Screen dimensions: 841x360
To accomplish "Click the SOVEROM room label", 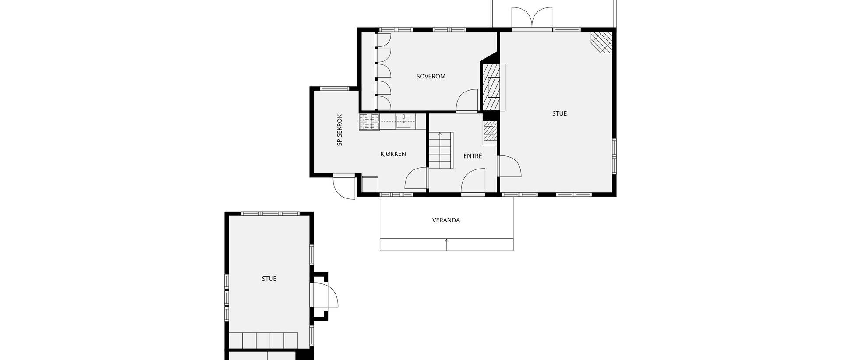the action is (x=431, y=76).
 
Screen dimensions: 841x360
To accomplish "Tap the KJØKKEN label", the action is (x=393, y=154).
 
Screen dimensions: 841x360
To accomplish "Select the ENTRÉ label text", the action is (x=473, y=155).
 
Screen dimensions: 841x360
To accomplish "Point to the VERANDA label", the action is (x=446, y=220).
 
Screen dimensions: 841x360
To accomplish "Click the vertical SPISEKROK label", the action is (x=339, y=130).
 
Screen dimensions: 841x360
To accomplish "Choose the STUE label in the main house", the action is (x=559, y=113).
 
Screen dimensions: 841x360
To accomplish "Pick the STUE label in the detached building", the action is (x=269, y=279).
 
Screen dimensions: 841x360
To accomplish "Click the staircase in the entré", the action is (x=440, y=150).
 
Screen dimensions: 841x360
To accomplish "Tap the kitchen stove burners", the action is (x=370, y=122).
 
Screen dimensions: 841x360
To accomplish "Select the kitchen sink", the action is (x=403, y=121).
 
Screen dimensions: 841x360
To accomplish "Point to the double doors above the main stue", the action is (x=532, y=18).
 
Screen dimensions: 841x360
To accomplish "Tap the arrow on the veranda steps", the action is (x=447, y=244).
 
